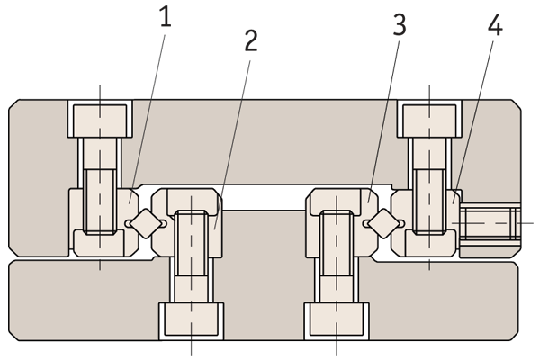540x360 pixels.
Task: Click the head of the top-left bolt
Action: point(100,116)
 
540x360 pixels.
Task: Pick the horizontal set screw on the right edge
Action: point(490,221)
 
